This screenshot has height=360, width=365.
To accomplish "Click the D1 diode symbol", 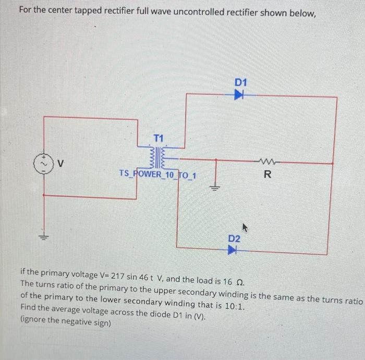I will point(240,95).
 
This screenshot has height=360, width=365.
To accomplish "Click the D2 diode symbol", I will point(233,250).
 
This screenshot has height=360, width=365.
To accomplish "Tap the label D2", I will point(234,238).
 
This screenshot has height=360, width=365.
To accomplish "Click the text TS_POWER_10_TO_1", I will point(157,173).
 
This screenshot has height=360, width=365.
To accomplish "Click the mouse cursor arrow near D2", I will point(243,227).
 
